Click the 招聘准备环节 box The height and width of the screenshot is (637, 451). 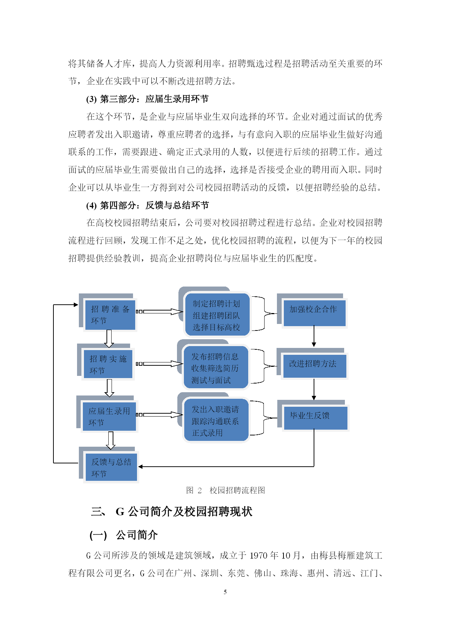coord(110,315)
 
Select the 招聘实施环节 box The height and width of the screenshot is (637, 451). coord(108,364)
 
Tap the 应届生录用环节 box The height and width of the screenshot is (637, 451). coord(109,417)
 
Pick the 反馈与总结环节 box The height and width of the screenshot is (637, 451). coord(111,467)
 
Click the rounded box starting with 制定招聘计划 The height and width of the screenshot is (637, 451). coord(217,315)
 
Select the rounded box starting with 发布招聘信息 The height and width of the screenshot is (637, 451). coord(216,367)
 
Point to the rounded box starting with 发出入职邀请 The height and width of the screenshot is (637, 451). coord(216,420)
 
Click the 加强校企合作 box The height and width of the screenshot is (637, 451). coord(314,313)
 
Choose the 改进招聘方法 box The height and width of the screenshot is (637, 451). coord(314,366)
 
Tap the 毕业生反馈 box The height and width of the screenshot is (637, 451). coord(315,418)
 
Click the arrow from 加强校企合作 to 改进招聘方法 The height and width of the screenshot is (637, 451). coord(314,336)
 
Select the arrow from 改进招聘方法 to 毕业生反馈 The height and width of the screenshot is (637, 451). coord(314,389)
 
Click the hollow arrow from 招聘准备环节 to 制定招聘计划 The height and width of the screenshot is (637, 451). coord(159,312)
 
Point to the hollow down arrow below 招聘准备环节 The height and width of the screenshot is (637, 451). coord(109,338)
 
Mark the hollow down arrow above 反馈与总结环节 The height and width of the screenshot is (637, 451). coord(110,441)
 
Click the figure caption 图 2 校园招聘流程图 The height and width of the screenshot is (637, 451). coord(225,490)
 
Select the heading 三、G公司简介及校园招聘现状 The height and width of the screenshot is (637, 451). coord(172,512)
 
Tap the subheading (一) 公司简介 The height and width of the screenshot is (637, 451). coord(124,535)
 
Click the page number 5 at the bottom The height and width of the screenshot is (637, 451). coord(225,592)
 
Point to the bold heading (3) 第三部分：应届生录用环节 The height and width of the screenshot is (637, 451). coord(148,99)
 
